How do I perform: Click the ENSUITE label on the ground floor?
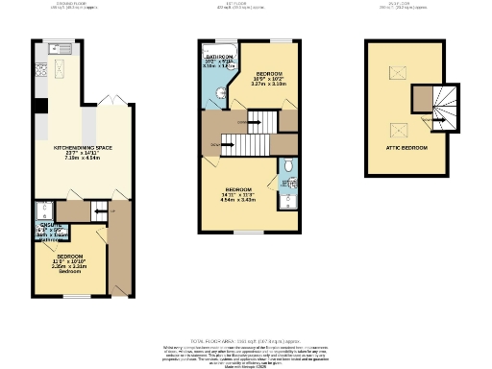49,224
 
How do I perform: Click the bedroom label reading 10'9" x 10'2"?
270,79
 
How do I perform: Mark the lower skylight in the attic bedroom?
396,130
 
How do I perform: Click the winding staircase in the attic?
444,107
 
